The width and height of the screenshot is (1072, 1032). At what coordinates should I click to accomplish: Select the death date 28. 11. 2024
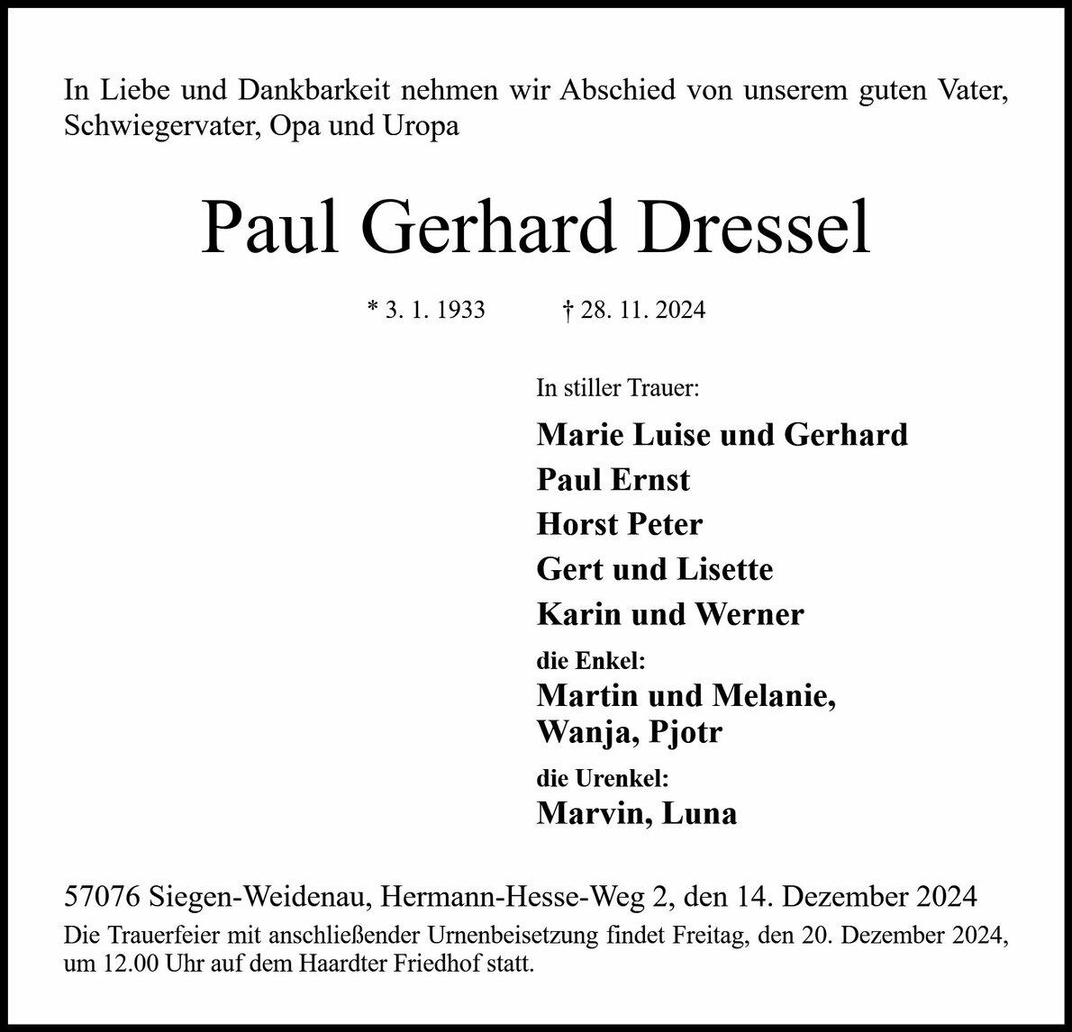coord(642,311)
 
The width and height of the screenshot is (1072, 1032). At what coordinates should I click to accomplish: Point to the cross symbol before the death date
coord(568,311)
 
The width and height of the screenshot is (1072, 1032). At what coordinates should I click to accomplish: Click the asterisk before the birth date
coord(373,309)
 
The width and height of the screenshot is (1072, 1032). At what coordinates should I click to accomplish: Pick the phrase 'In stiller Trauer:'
coord(617,389)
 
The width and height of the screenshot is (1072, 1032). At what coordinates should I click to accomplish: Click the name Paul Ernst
coord(613,480)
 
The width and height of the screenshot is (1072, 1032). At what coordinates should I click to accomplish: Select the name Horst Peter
coord(619,524)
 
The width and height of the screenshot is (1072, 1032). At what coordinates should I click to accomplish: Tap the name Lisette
coord(727,569)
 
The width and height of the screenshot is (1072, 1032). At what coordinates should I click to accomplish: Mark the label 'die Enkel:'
coord(591,662)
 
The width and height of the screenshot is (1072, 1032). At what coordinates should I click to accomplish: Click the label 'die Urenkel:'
coord(602,778)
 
